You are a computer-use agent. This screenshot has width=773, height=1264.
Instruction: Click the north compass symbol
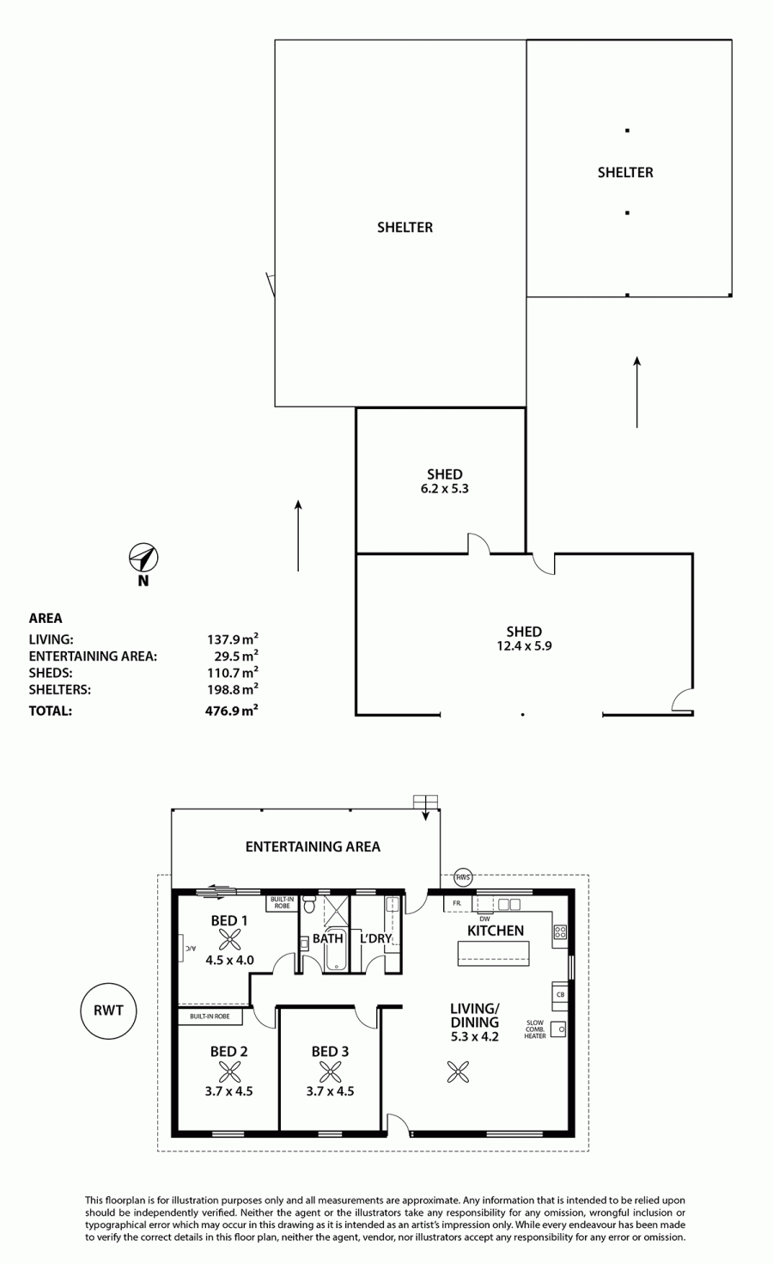(x=143, y=558)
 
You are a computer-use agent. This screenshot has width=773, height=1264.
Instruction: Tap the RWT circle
(x=108, y=1011)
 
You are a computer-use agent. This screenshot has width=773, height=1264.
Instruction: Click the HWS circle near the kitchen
(x=463, y=877)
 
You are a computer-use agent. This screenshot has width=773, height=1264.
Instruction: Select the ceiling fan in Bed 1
(x=229, y=940)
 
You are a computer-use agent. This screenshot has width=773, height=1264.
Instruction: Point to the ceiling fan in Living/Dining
(x=458, y=1072)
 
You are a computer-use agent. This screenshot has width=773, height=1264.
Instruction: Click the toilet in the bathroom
(x=309, y=904)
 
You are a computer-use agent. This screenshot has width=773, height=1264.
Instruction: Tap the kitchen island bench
(x=494, y=954)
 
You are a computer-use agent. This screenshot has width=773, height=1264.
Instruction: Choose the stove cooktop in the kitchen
(x=560, y=931)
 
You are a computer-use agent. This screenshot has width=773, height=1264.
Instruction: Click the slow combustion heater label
(x=535, y=1029)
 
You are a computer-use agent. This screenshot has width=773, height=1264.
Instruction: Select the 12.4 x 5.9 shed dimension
(x=524, y=646)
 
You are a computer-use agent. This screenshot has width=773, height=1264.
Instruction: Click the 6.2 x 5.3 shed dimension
(x=445, y=489)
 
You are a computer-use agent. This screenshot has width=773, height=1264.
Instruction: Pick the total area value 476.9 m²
(x=231, y=711)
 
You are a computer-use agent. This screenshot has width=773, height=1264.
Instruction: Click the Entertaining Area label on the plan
(x=313, y=846)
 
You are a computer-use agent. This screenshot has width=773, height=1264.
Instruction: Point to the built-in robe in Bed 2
(x=210, y=1017)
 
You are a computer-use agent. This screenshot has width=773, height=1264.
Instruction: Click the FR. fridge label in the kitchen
(x=457, y=903)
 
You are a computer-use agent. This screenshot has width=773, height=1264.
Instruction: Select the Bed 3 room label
(x=330, y=1051)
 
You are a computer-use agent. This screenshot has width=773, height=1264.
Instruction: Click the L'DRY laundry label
(x=376, y=938)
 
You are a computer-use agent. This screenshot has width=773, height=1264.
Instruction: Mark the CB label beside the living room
(x=560, y=994)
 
